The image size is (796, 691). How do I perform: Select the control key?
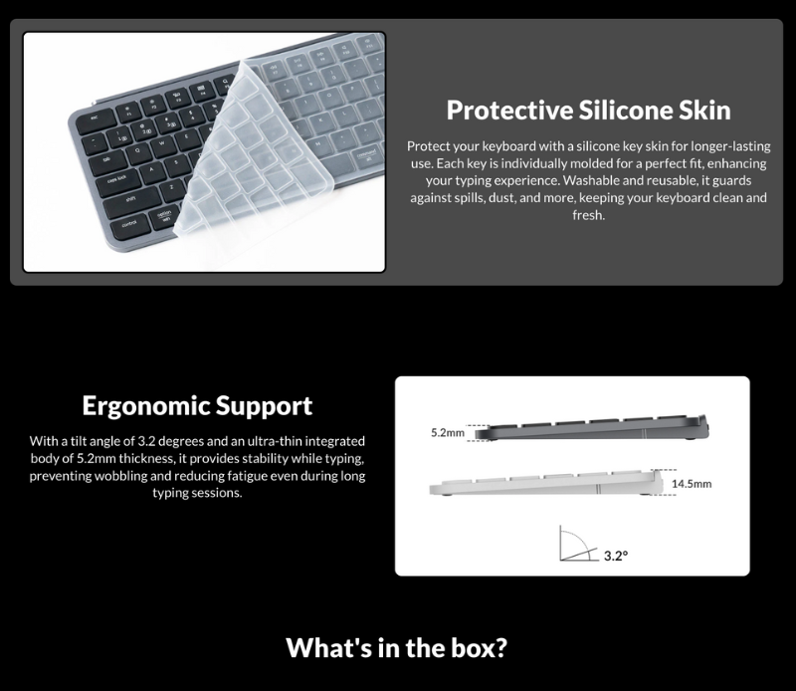(x=129, y=224)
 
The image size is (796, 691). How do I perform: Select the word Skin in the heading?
(x=701, y=110)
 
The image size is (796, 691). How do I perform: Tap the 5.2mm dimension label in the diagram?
(x=448, y=434)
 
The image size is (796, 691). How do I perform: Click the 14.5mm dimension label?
(x=692, y=485)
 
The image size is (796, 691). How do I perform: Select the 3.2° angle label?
(x=615, y=557)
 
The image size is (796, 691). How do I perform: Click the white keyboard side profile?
(x=547, y=487)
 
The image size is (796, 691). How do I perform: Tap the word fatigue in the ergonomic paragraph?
(x=230, y=476)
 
